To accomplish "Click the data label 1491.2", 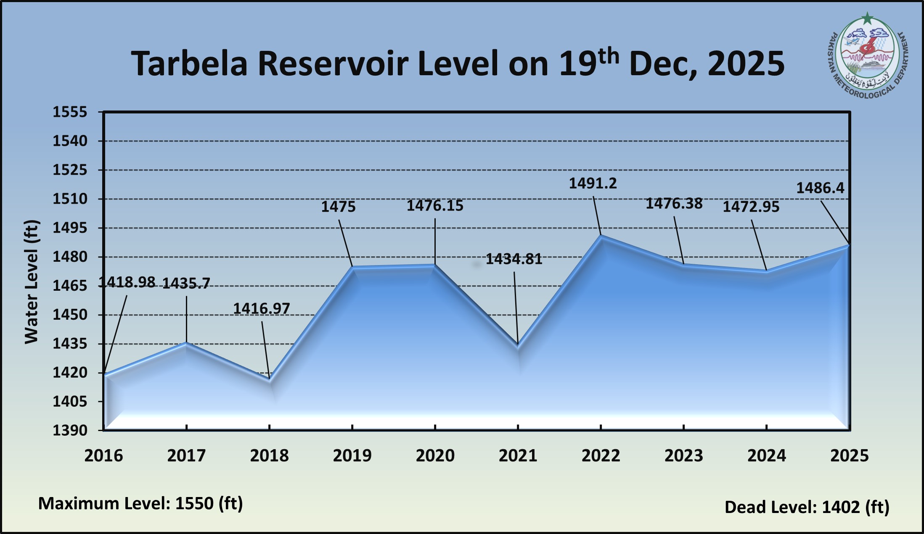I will click(x=593, y=184).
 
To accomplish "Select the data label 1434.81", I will click(x=514, y=259).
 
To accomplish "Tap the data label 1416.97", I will click(x=261, y=309).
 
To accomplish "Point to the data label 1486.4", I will click(x=820, y=188).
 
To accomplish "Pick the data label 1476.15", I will click(x=435, y=206).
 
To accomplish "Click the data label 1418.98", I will click(x=127, y=282).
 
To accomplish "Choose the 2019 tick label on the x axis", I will click(x=352, y=456).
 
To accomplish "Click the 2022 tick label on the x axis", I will click(x=601, y=456).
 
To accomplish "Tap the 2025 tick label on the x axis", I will click(x=849, y=456).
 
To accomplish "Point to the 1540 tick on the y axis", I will click(x=70, y=141).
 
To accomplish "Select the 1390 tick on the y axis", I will click(x=70, y=431).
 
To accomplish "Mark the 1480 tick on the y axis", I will click(x=70, y=257).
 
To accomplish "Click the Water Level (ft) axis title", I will click(x=32, y=281).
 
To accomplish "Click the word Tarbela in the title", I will click(x=189, y=64).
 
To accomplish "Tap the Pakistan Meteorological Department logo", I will click(x=867, y=55).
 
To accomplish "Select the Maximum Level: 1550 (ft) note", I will click(x=140, y=503).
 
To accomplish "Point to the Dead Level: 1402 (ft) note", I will click(x=807, y=507).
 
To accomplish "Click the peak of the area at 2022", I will click(x=601, y=236).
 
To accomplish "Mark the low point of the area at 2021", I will click(x=518, y=345).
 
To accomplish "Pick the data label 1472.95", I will click(x=751, y=207).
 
